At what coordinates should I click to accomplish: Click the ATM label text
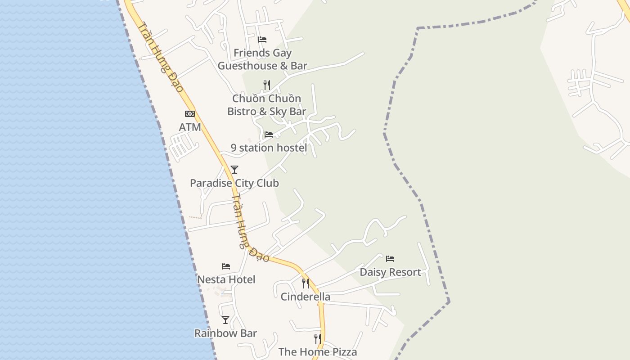pos(190,127)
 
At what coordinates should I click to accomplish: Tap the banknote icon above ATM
pos(190,114)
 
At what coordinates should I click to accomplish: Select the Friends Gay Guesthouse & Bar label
pos(262,59)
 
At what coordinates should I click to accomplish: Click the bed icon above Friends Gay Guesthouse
pos(262,40)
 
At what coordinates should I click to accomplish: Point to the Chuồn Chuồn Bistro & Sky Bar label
pos(266,105)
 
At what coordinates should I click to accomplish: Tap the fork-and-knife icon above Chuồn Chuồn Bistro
pos(266,85)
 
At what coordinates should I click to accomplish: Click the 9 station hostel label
pos(269,148)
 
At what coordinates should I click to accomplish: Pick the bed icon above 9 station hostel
pos(269,134)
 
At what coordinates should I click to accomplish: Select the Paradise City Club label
pos(234,183)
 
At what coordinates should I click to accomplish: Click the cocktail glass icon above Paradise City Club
pos(234,170)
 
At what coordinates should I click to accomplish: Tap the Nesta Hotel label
pos(226,279)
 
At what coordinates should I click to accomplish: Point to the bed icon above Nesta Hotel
pos(226,266)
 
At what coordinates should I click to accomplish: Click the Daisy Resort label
pos(390,272)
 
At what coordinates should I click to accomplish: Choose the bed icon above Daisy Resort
pos(390,259)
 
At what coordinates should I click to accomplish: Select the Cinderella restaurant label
pos(305,297)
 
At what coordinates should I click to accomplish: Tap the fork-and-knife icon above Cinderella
pos(306,283)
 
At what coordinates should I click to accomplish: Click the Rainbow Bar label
pos(225,333)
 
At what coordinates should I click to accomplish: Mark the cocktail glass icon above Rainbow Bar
pos(225,320)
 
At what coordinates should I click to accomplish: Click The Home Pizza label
pos(318,352)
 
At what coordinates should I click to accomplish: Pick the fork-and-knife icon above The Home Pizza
pos(318,338)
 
